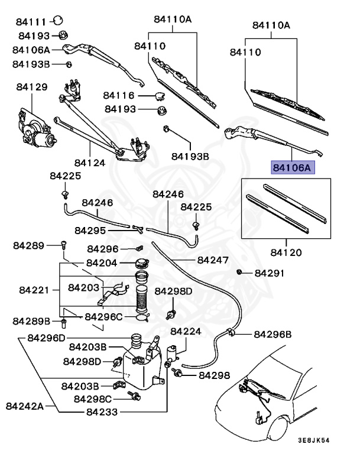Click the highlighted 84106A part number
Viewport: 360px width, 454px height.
click(x=293, y=168)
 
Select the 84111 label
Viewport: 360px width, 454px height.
click(x=31, y=22)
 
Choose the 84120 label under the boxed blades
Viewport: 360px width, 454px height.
click(x=286, y=252)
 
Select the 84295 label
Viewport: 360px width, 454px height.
click(x=90, y=230)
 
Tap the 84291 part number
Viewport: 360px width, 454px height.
click(x=270, y=273)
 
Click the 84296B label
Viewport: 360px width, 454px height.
click(x=273, y=334)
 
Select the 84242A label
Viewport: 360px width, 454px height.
click(x=25, y=406)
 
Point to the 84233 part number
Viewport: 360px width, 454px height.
click(x=102, y=412)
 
